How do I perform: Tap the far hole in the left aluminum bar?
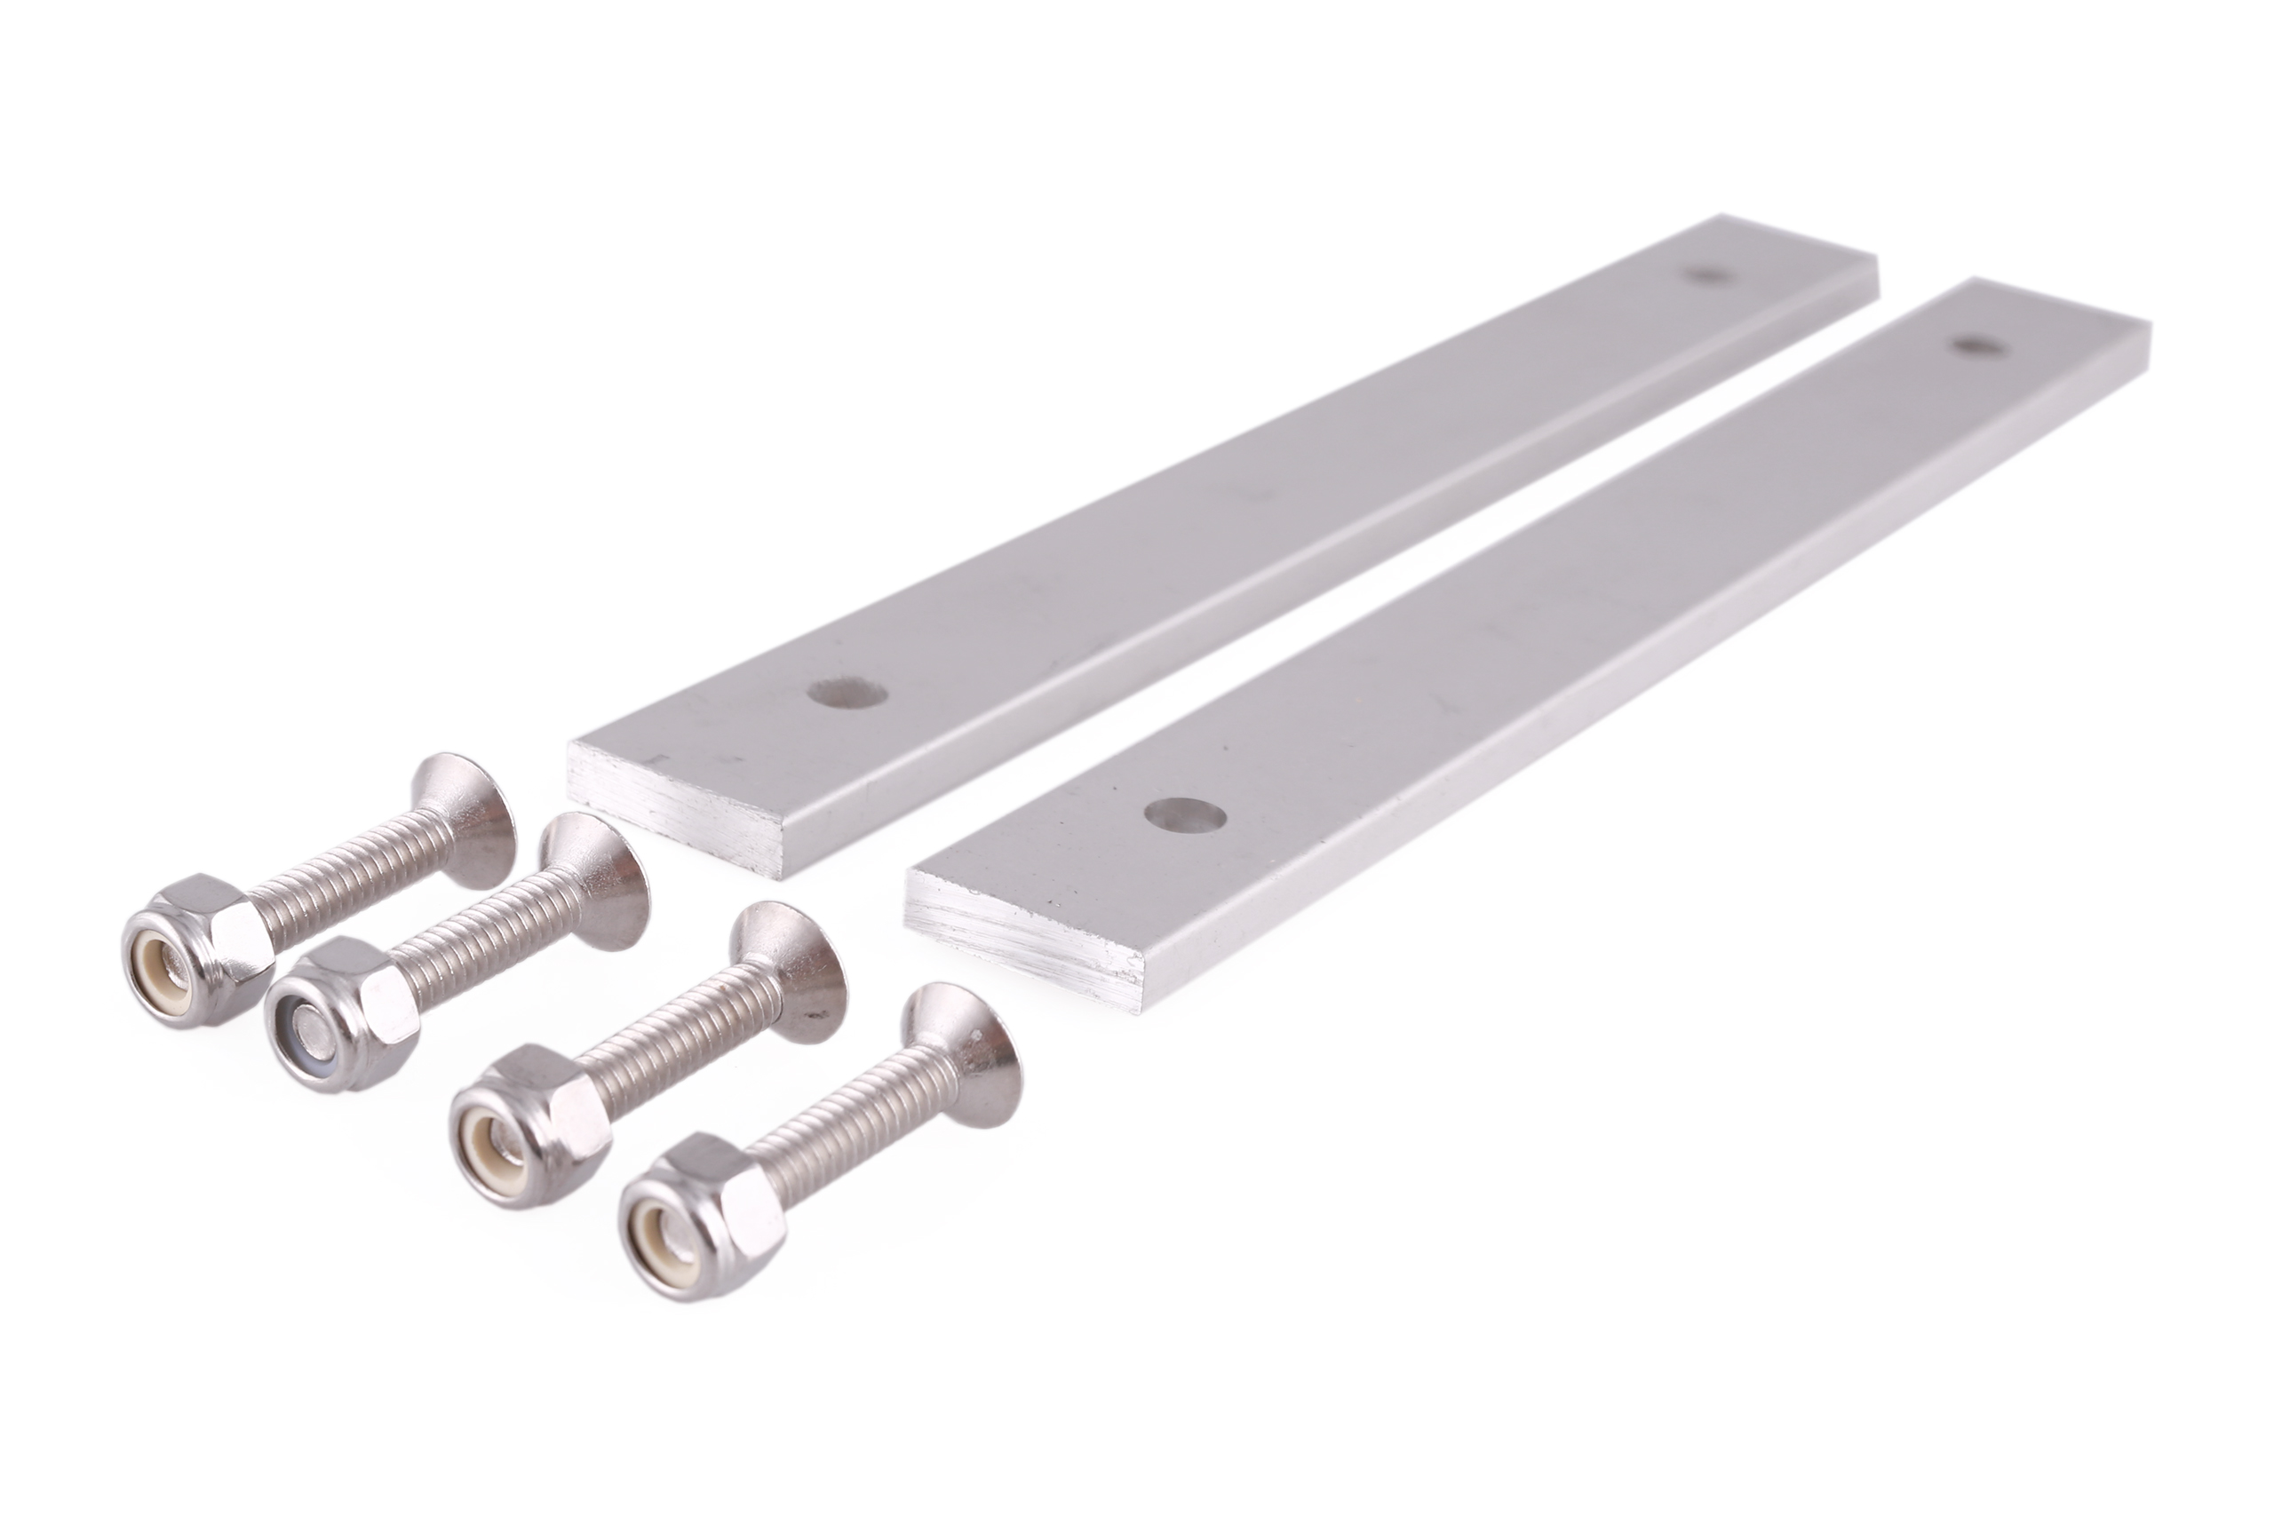[x=1705, y=275]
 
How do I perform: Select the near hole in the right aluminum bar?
[x=1185, y=815]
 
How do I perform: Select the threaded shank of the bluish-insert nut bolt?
[x=483, y=942]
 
